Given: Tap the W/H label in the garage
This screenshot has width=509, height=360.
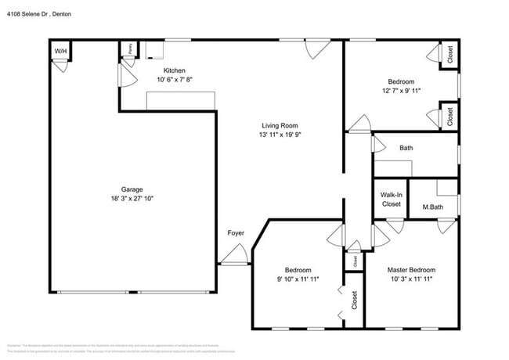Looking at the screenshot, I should [x=60, y=52].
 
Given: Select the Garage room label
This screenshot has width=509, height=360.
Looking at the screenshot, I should [x=132, y=189].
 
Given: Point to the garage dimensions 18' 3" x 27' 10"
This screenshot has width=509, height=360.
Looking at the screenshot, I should [x=132, y=199].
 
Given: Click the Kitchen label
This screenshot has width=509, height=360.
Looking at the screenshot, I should [x=174, y=70].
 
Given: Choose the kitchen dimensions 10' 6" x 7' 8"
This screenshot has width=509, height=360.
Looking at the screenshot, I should [x=174, y=79].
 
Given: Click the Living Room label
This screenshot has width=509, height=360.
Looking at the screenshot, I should [x=280, y=125].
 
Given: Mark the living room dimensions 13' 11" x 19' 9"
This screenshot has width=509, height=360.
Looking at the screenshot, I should [x=280, y=135].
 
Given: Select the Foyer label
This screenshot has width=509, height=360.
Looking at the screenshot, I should [x=235, y=232].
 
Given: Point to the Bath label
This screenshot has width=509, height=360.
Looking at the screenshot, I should [x=406, y=147].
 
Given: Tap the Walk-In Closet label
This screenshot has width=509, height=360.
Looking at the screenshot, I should [x=391, y=200].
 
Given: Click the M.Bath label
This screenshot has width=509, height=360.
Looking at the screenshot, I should [x=433, y=207].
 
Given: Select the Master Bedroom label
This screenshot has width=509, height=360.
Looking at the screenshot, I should [x=411, y=270].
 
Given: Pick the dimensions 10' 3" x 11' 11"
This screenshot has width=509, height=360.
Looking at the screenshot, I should [x=411, y=279].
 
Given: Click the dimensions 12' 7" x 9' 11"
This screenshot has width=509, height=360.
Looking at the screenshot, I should [x=401, y=91].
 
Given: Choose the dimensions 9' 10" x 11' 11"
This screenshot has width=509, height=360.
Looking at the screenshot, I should [x=298, y=279].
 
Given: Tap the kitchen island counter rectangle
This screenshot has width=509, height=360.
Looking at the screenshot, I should [x=181, y=99].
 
